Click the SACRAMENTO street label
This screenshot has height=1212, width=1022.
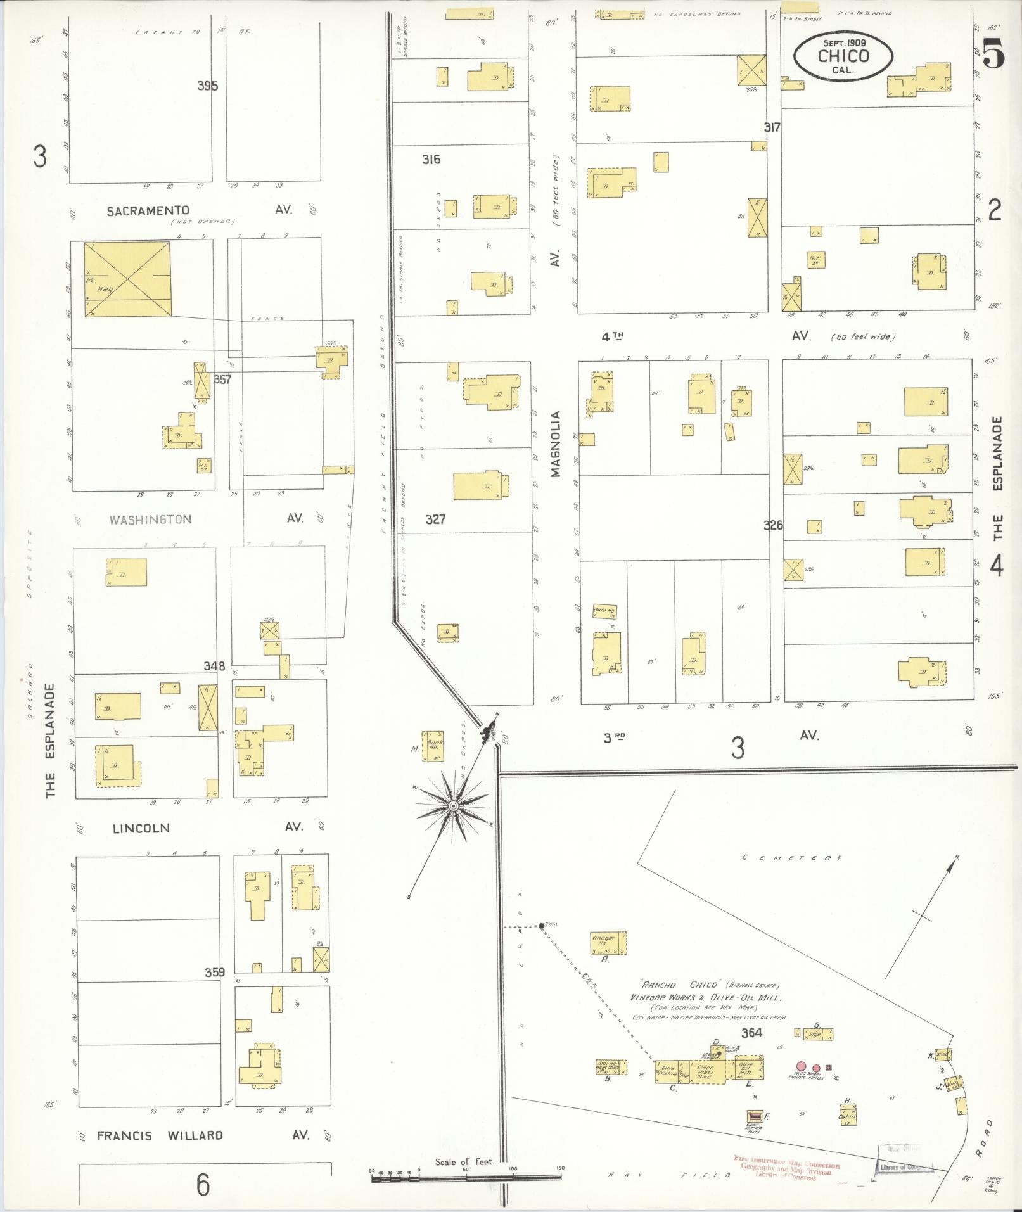click(148, 210)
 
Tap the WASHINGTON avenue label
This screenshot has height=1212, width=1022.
click(150, 520)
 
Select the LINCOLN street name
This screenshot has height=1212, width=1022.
click(141, 827)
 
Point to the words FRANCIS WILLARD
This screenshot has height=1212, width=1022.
click(160, 1135)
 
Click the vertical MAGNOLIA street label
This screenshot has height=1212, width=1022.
click(556, 443)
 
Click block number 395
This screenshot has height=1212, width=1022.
click(207, 86)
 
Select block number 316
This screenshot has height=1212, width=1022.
click(431, 160)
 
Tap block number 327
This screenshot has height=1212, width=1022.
click(435, 520)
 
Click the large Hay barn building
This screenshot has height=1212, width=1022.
click(127, 279)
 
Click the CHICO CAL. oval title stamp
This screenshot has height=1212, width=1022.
click(843, 56)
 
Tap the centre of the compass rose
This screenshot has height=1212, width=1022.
click(453, 805)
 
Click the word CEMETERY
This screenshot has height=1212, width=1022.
click(792, 858)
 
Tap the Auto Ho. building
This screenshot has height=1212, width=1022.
click(604, 611)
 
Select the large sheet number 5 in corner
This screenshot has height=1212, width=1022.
click(993, 53)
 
